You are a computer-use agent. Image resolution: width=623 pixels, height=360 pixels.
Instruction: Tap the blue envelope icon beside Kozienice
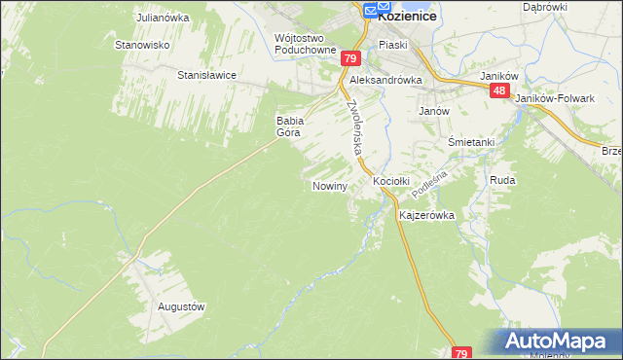pyautogui.click(x=371, y=11)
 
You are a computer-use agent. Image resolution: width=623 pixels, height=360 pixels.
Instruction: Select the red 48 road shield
pyautogui.click(x=499, y=90)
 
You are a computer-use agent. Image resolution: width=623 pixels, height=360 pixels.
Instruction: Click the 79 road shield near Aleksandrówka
pyautogui.click(x=350, y=58)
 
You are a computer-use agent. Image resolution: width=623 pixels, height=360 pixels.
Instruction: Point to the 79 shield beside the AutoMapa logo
pyautogui.click(x=462, y=352)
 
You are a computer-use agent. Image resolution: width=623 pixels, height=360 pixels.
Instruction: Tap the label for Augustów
pyautogui.click(x=181, y=306)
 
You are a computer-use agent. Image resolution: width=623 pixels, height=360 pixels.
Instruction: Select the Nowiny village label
pyautogui.click(x=330, y=185)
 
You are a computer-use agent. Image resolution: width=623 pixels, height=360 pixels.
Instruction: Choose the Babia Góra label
pyautogui.click(x=291, y=126)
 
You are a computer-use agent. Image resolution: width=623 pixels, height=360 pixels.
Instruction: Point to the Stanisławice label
pyautogui.click(x=207, y=74)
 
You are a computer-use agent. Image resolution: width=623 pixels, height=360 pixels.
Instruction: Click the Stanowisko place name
pyautogui.click(x=143, y=45)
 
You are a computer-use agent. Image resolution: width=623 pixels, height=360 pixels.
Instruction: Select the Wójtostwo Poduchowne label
pyautogui.click(x=306, y=44)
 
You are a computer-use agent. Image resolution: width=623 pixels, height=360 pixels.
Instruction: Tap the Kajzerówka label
pyautogui.click(x=427, y=215)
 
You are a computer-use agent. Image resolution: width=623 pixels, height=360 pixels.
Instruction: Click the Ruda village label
pyautogui.click(x=502, y=181)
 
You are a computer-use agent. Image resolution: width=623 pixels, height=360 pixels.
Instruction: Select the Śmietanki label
pyautogui.click(x=471, y=142)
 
